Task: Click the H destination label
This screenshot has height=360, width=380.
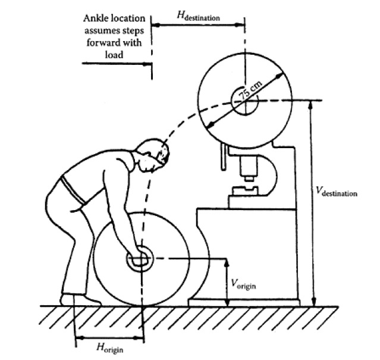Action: [199, 17]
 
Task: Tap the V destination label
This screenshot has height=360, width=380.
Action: [337, 193]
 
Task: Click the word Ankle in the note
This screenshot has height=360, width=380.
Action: [95, 19]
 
